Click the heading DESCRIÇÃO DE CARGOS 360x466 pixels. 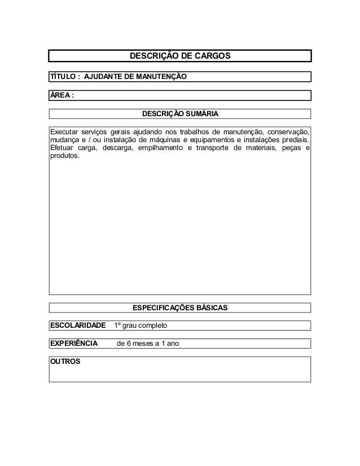pos(180,56)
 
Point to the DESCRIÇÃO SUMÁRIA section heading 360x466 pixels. pos(179,114)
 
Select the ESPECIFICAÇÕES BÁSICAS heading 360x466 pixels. pos(179,308)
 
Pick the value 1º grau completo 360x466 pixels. pos(140,326)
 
